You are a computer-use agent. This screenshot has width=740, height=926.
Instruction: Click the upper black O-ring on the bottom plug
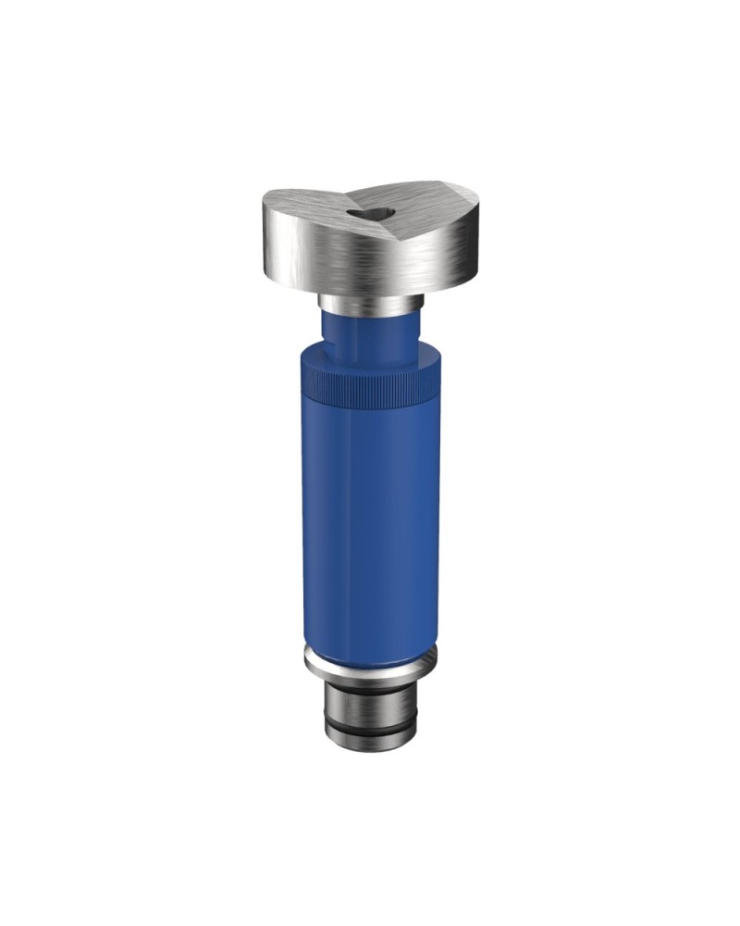point(367,696)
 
